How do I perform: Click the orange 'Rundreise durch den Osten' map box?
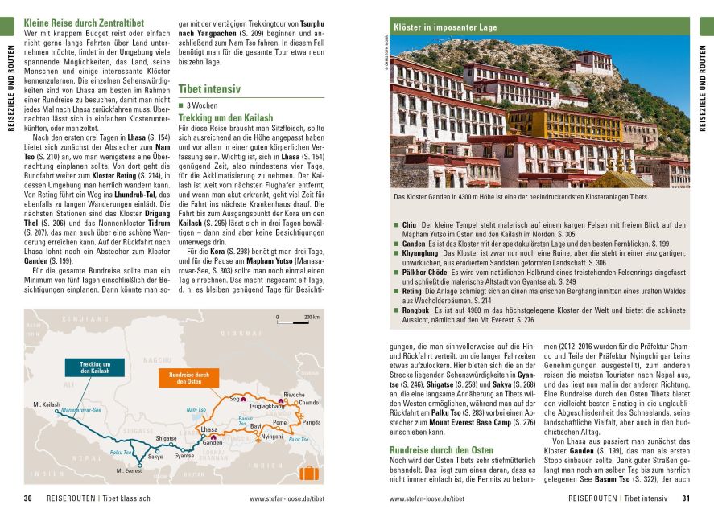coord(189,377)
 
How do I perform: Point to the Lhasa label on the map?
coord(208,431)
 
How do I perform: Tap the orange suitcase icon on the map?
coord(307,473)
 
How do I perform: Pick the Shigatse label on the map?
coord(166,437)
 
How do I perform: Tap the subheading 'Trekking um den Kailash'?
coord(221,117)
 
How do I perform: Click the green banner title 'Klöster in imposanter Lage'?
coord(445,27)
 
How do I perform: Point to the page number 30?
coord(27,498)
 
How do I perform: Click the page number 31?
coord(686,498)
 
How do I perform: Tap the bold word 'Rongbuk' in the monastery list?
coord(418,310)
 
